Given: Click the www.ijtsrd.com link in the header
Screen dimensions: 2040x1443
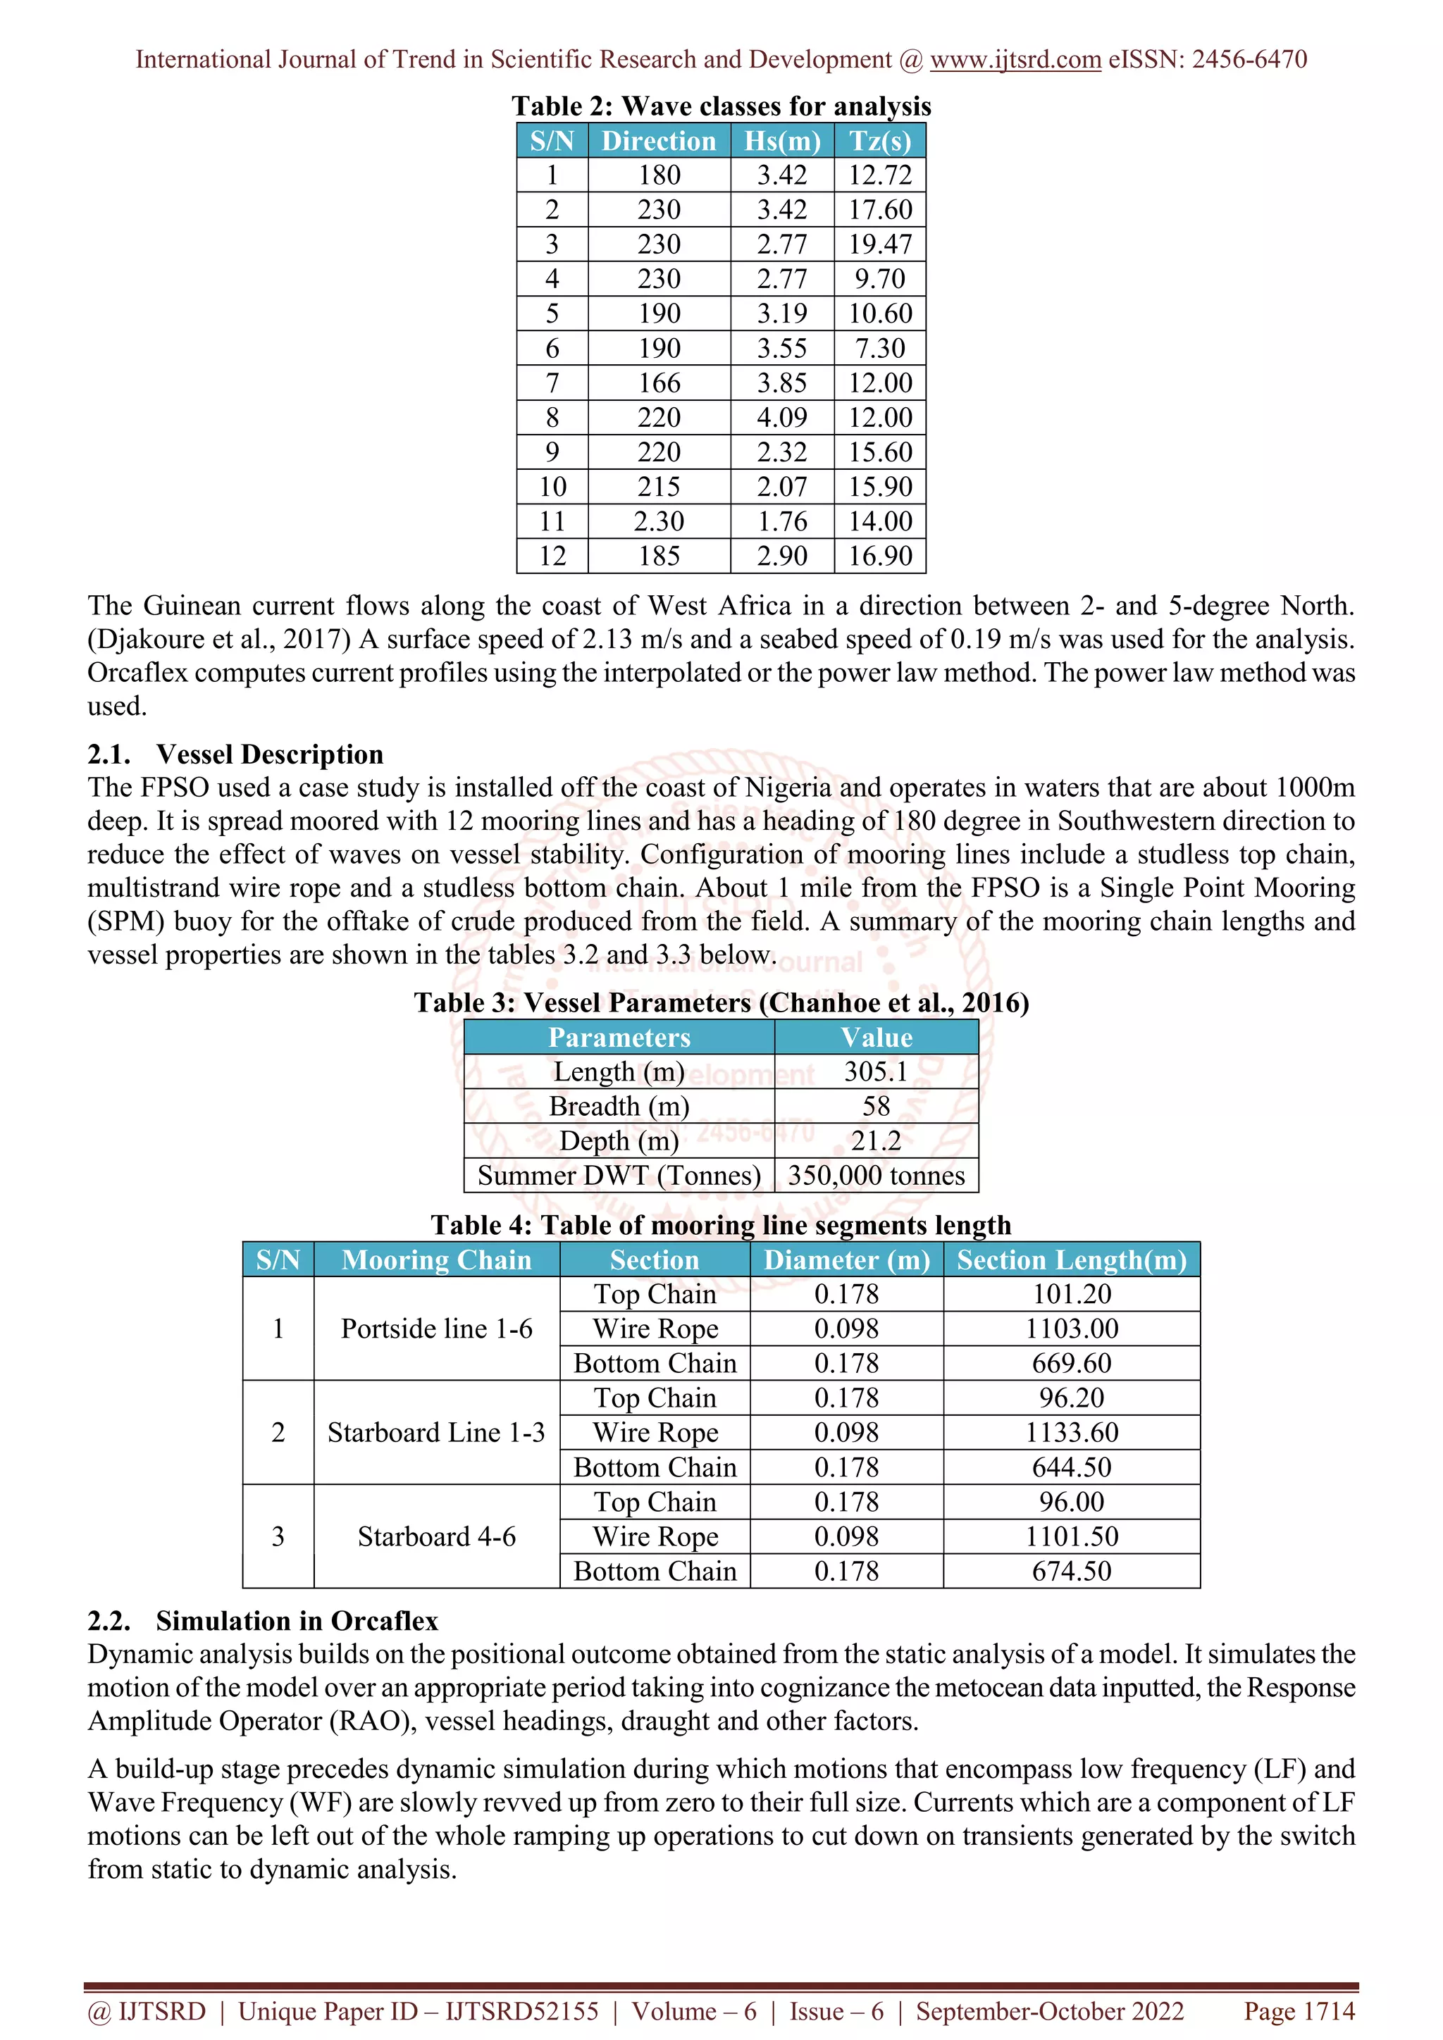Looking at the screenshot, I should pyautogui.click(x=1015, y=60).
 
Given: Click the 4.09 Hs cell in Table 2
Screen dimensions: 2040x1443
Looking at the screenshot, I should pyautogui.click(x=782, y=418).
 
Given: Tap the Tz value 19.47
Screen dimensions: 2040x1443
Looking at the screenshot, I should pyautogui.click(x=879, y=244).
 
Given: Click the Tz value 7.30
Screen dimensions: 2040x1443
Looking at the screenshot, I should pyautogui.click(x=879, y=348).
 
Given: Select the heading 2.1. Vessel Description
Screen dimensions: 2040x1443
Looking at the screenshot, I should pyautogui.click(x=235, y=754).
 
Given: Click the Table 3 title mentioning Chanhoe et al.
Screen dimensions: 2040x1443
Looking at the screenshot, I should pyautogui.click(x=721, y=1003).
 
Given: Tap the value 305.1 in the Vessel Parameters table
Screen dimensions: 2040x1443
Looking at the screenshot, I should pyautogui.click(x=875, y=1071).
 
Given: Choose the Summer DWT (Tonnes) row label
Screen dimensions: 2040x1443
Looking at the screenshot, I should pyautogui.click(x=619, y=1176).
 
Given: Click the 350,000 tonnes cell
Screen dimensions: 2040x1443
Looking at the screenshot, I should pyautogui.click(x=875, y=1176).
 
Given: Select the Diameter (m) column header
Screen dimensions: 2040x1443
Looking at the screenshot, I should pyautogui.click(x=846, y=1260).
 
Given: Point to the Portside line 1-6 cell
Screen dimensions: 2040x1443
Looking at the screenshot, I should pyautogui.click(x=436, y=1329).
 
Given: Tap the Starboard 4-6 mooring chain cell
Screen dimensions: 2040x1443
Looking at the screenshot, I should pyautogui.click(x=436, y=1537).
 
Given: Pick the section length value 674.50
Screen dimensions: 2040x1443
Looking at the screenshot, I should pyautogui.click(x=1071, y=1572).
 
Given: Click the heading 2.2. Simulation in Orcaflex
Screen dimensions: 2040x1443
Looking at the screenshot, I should pyautogui.click(x=263, y=1622).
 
